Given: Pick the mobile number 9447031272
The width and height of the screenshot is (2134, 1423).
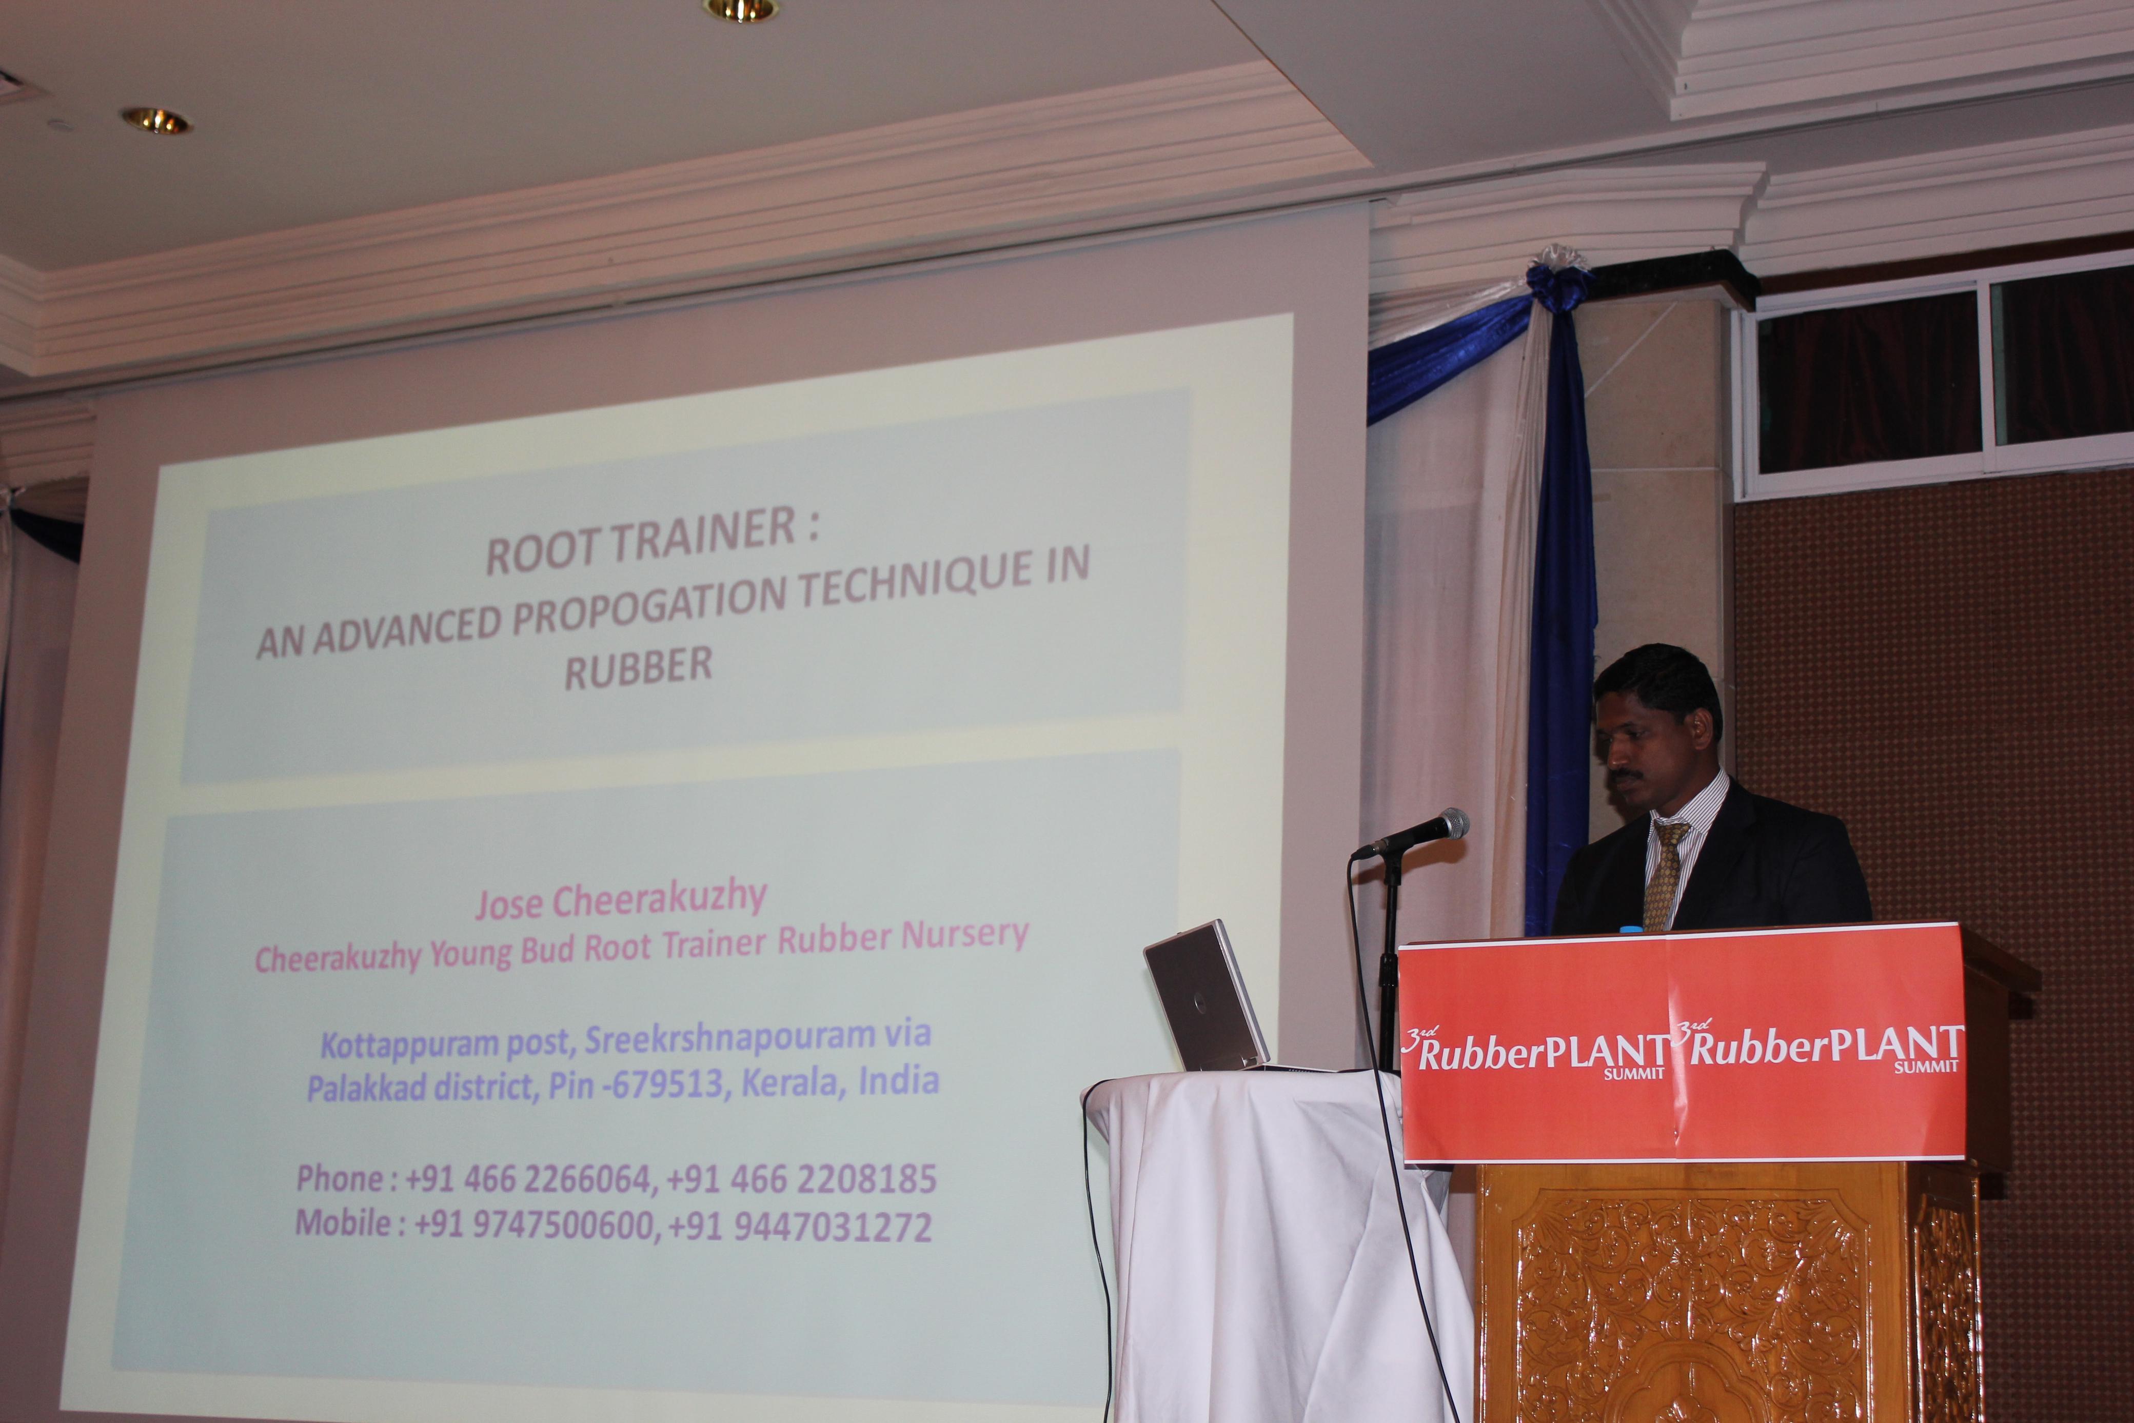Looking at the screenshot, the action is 832,1227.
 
